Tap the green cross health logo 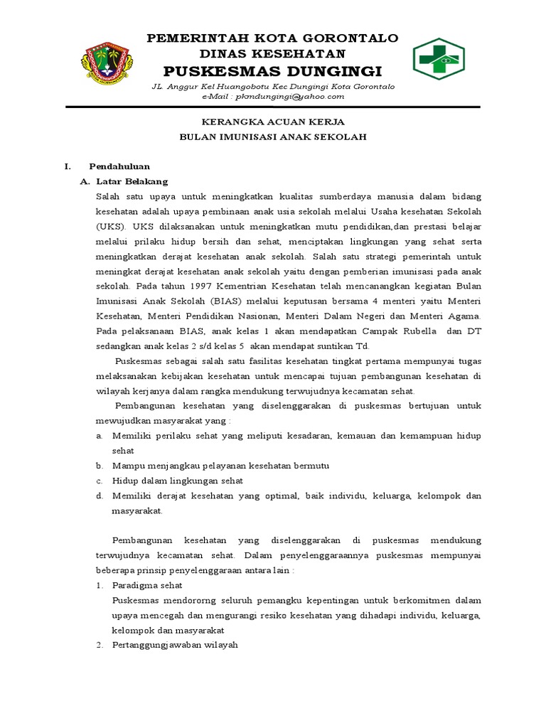point(439,58)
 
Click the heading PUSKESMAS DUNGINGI point(272,71)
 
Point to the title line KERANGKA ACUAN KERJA point(272,122)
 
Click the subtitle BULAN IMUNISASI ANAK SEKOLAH point(272,136)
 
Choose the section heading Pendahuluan point(119,166)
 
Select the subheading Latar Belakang point(132,181)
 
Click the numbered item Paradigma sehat point(147,585)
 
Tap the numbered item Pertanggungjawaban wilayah point(175,645)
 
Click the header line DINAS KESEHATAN point(272,53)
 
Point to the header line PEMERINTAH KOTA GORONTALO point(272,38)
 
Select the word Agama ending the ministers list point(464,316)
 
